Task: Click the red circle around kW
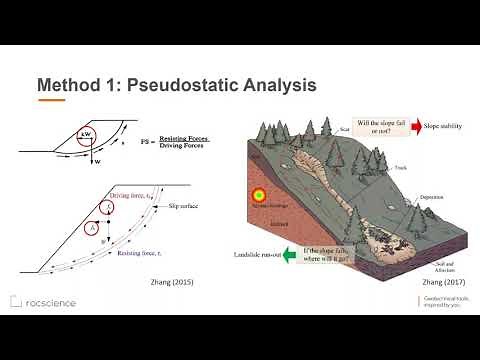(87, 135)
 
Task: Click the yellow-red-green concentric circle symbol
(259, 196)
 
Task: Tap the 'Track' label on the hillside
(400, 167)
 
